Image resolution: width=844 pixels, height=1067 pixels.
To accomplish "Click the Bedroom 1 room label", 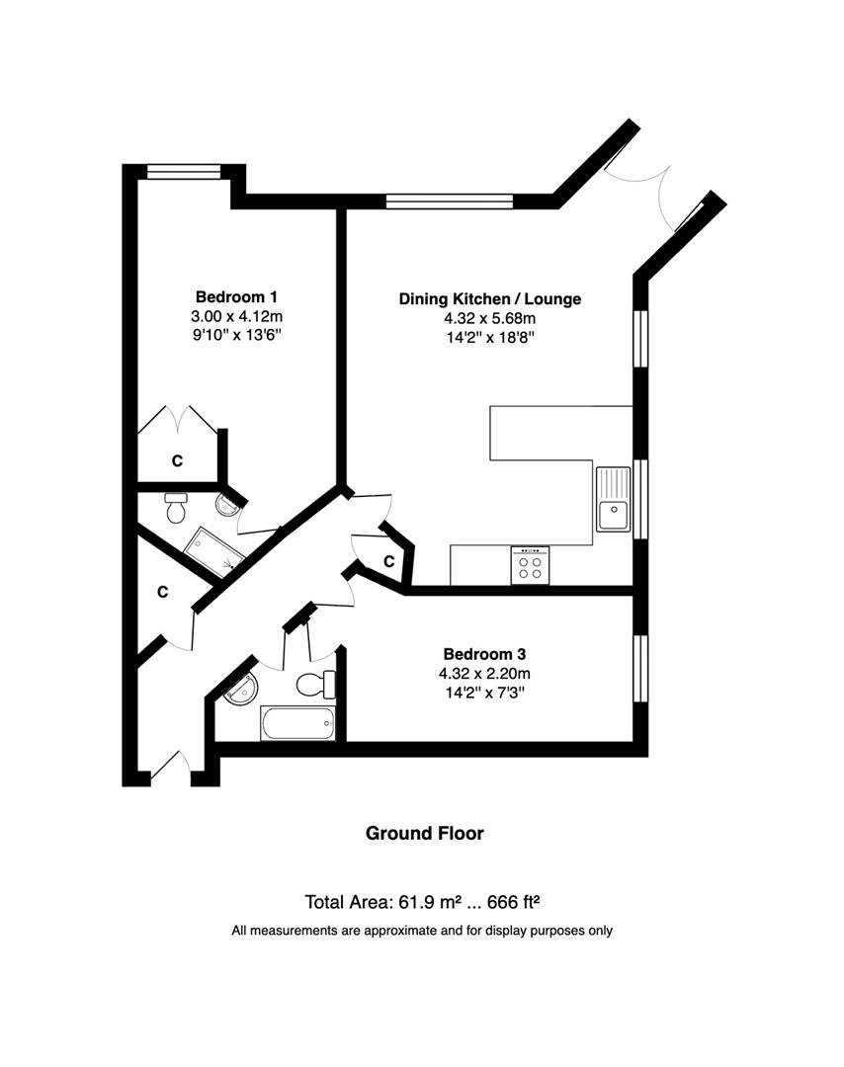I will coord(236,296).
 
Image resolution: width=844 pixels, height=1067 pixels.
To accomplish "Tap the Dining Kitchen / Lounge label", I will coord(489,298).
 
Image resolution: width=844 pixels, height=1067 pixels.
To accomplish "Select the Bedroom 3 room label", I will coord(483,653).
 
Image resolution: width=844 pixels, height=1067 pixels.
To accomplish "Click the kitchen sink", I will coord(613,499).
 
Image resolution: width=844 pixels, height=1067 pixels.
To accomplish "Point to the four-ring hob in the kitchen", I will coord(530,566).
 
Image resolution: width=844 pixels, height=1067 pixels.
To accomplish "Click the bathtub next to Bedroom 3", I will coord(297,723).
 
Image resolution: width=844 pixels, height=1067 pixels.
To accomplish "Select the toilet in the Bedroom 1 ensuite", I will coord(177,508).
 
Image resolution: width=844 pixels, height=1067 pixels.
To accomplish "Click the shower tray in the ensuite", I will coord(215,552).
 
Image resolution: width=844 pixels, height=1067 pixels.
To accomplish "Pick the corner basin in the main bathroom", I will coord(238,688).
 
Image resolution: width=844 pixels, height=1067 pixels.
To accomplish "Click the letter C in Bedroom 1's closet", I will coord(178,460).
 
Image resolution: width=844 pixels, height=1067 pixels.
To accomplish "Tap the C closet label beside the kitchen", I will coord(389,561).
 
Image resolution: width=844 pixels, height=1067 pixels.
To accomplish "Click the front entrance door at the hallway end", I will coord(170,770).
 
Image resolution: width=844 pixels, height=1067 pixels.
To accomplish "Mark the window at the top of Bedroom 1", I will coord(184,172).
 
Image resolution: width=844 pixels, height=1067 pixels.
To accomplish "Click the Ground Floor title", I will coord(425,833).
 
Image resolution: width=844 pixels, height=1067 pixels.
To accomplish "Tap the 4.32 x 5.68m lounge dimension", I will coord(489,318).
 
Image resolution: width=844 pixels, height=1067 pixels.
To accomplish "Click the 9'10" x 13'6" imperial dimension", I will coord(236,336).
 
